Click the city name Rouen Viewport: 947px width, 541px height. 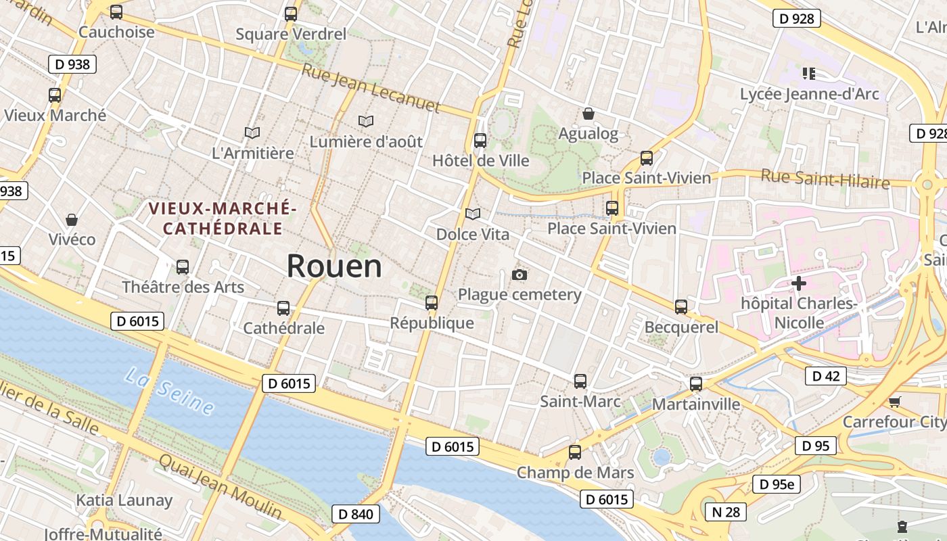(x=334, y=266)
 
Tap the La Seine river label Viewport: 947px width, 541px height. (x=170, y=392)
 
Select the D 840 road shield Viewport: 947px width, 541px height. (x=355, y=514)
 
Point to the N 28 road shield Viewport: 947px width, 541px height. (x=726, y=512)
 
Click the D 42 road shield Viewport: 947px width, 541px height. (x=825, y=376)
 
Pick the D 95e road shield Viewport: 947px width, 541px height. (x=777, y=484)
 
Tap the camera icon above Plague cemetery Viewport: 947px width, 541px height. (x=519, y=275)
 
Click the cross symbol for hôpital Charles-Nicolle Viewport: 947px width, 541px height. (x=799, y=283)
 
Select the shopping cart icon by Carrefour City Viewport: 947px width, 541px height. (x=894, y=402)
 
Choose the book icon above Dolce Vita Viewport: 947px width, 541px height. (x=473, y=214)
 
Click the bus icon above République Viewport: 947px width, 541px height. (x=432, y=303)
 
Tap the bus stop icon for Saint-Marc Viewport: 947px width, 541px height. (x=580, y=381)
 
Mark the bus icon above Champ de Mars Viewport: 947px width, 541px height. (x=575, y=452)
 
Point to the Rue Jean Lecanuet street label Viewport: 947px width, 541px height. (x=371, y=88)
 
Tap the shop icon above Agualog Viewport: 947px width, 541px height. (x=588, y=114)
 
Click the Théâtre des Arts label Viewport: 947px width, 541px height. (x=183, y=287)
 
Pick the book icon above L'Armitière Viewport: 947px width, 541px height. (x=252, y=133)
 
